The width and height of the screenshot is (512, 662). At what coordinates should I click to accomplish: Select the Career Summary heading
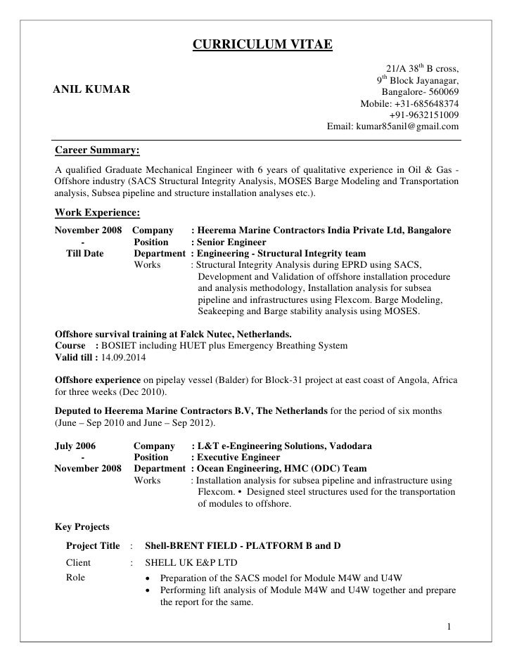point(97,150)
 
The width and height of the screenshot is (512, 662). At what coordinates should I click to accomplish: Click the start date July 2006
point(75,446)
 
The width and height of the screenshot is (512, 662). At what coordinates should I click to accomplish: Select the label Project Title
point(92,545)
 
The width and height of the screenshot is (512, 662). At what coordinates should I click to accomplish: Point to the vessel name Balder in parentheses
point(225,379)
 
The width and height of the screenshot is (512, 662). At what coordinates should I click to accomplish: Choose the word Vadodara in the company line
point(346,446)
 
